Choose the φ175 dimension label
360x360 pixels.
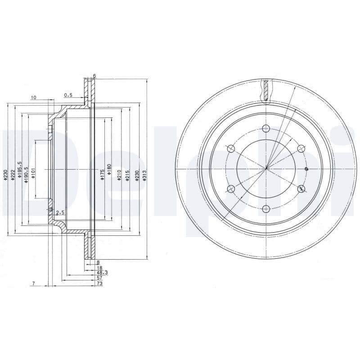(103, 175)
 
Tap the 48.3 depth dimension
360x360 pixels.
(102, 273)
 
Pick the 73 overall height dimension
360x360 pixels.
(99, 284)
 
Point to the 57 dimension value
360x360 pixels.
(99, 279)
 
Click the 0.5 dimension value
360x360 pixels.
(68, 95)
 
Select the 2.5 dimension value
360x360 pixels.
(61, 212)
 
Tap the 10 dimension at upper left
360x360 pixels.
(33, 98)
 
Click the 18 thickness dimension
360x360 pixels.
(99, 267)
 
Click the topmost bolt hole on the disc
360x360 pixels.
(266, 128)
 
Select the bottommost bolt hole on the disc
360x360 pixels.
(266, 208)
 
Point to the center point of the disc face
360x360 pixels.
(266, 168)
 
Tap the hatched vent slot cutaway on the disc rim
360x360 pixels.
(266, 90)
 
